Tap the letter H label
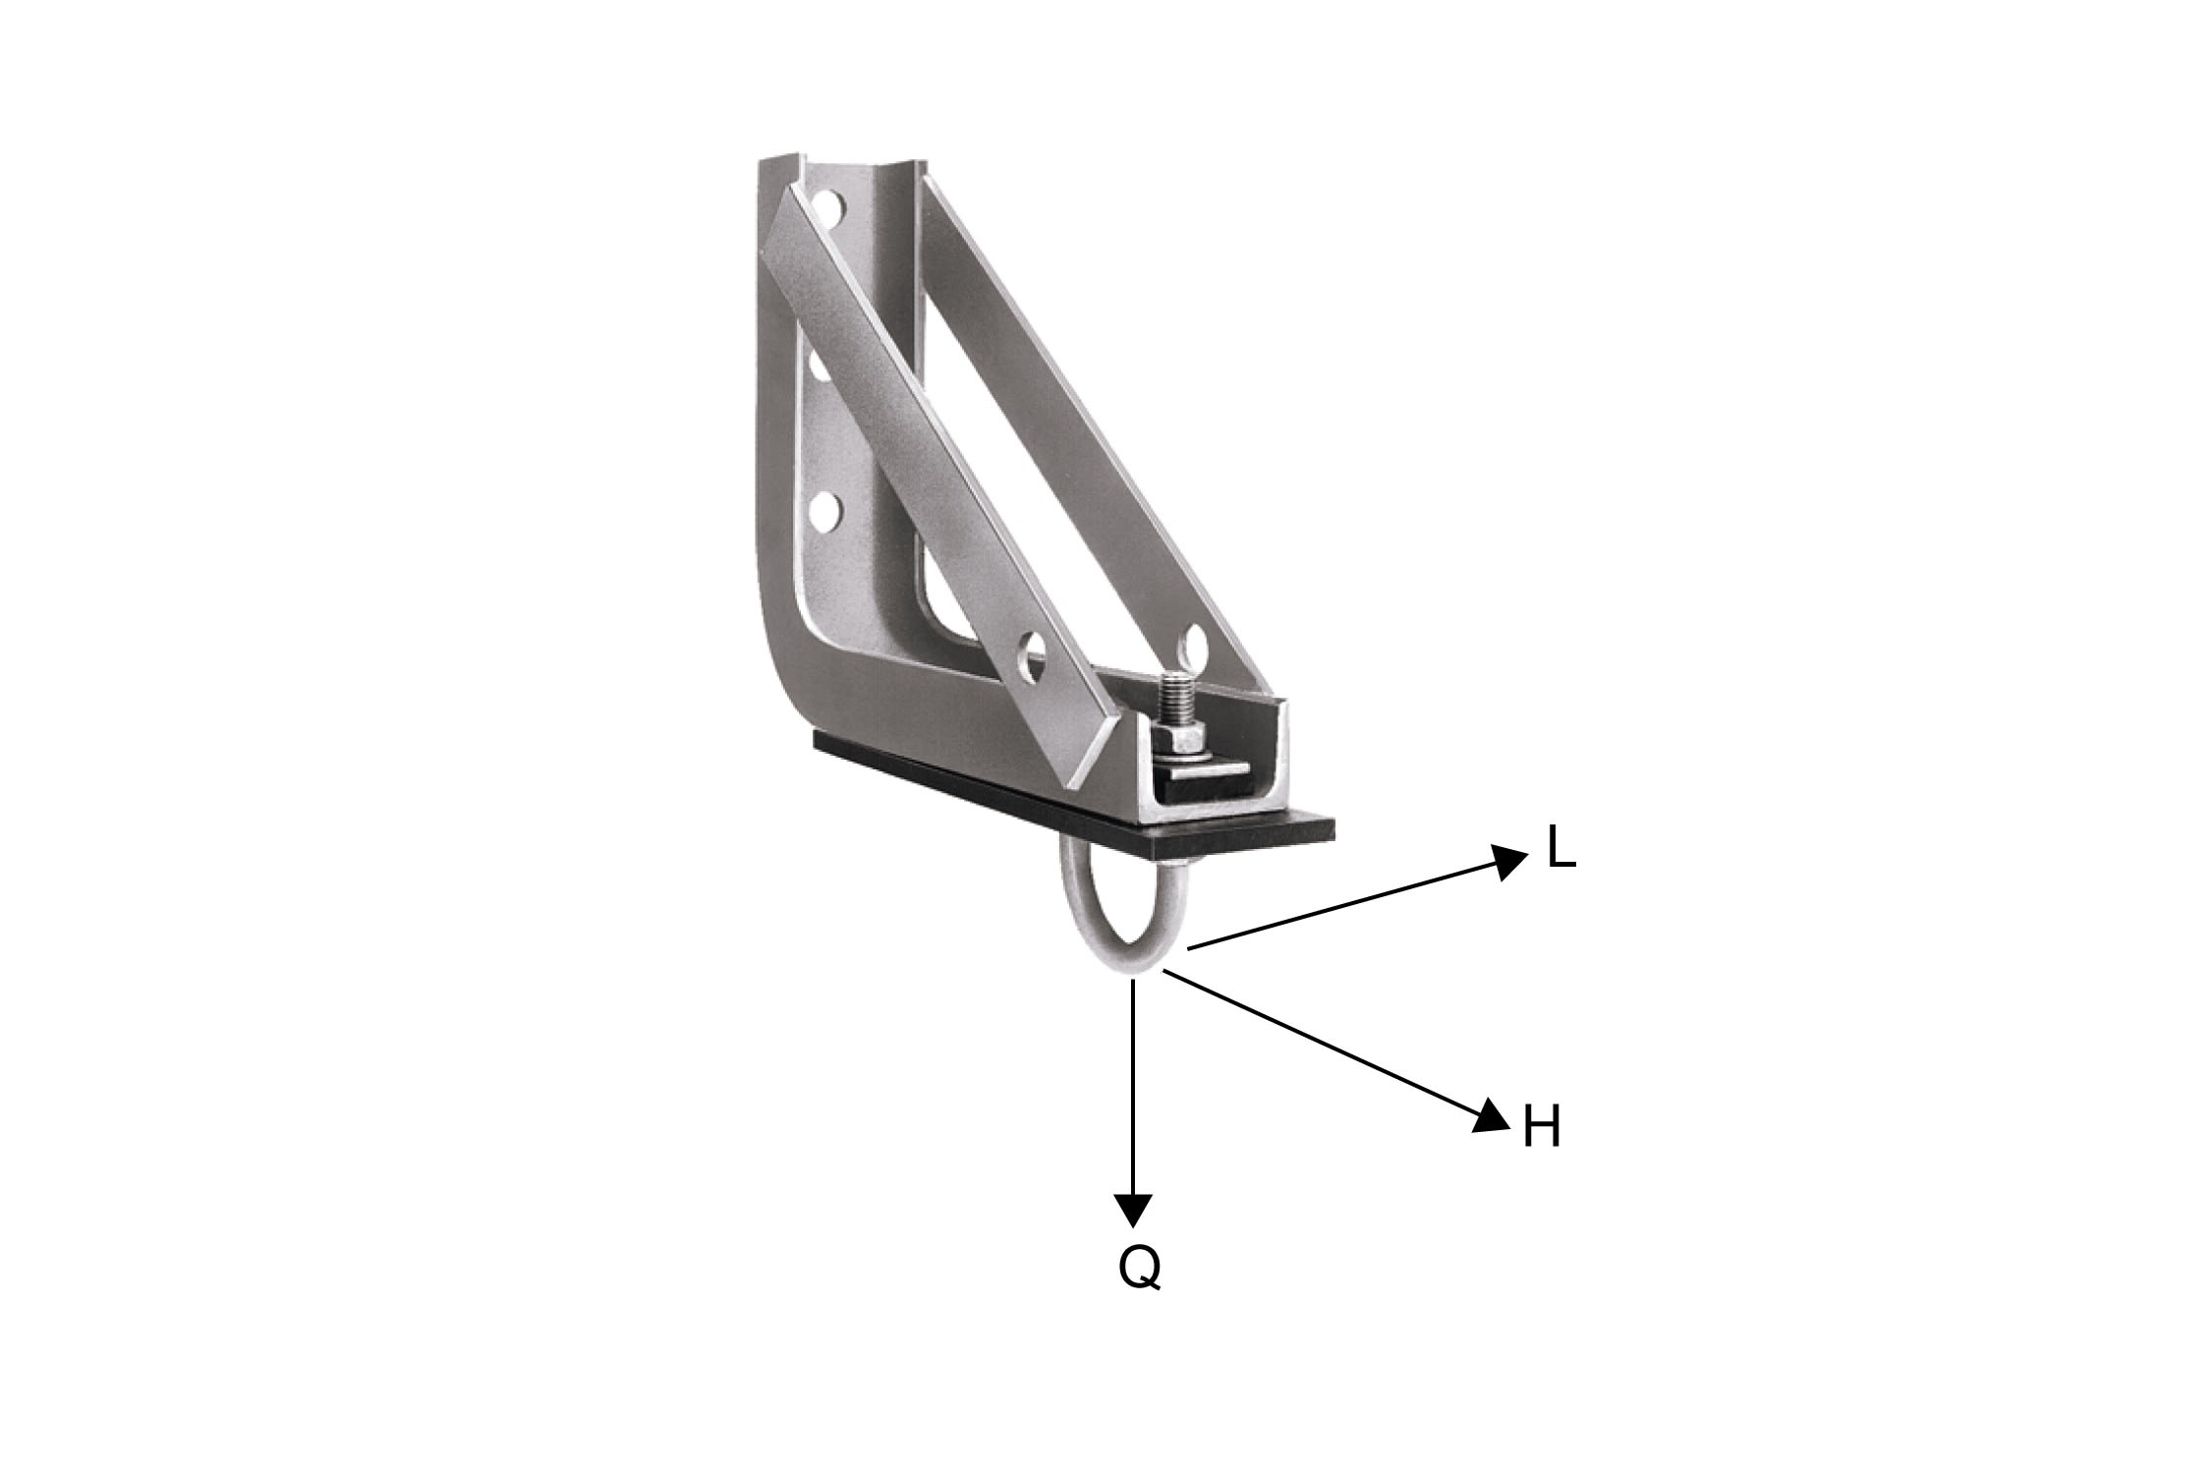(1542, 1128)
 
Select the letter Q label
(1139, 1269)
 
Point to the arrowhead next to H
(1491, 1116)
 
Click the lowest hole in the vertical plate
(826, 508)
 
